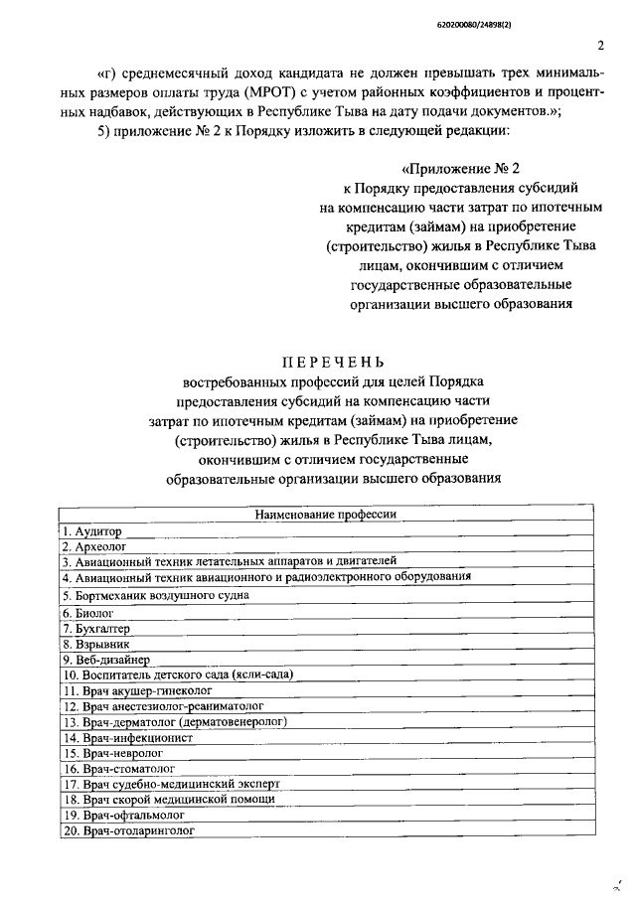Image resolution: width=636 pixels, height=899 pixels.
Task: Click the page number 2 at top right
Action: [x=602, y=46]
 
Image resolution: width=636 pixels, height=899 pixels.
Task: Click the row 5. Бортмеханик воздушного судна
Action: [x=154, y=594]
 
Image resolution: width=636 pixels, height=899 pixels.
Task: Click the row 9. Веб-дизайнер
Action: [x=105, y=658]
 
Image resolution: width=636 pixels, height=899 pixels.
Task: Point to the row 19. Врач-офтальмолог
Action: [x=124, y=814]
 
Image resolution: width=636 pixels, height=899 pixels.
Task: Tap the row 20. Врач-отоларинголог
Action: [x=128, y=828]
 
